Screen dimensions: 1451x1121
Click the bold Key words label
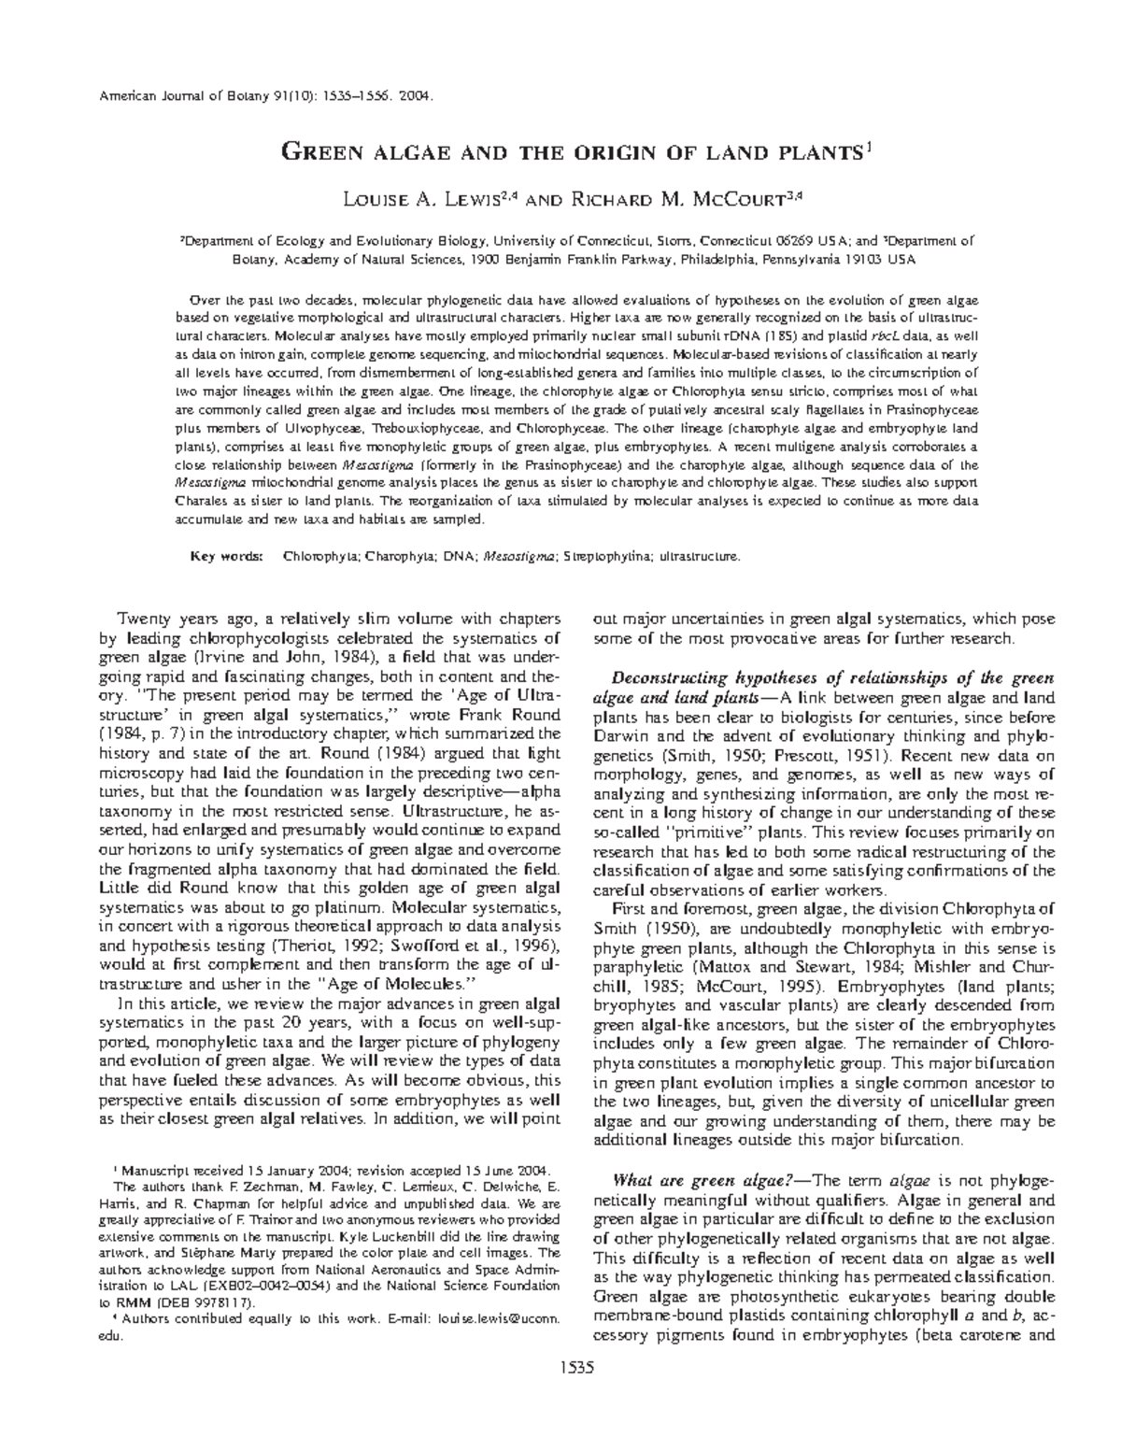226,556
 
